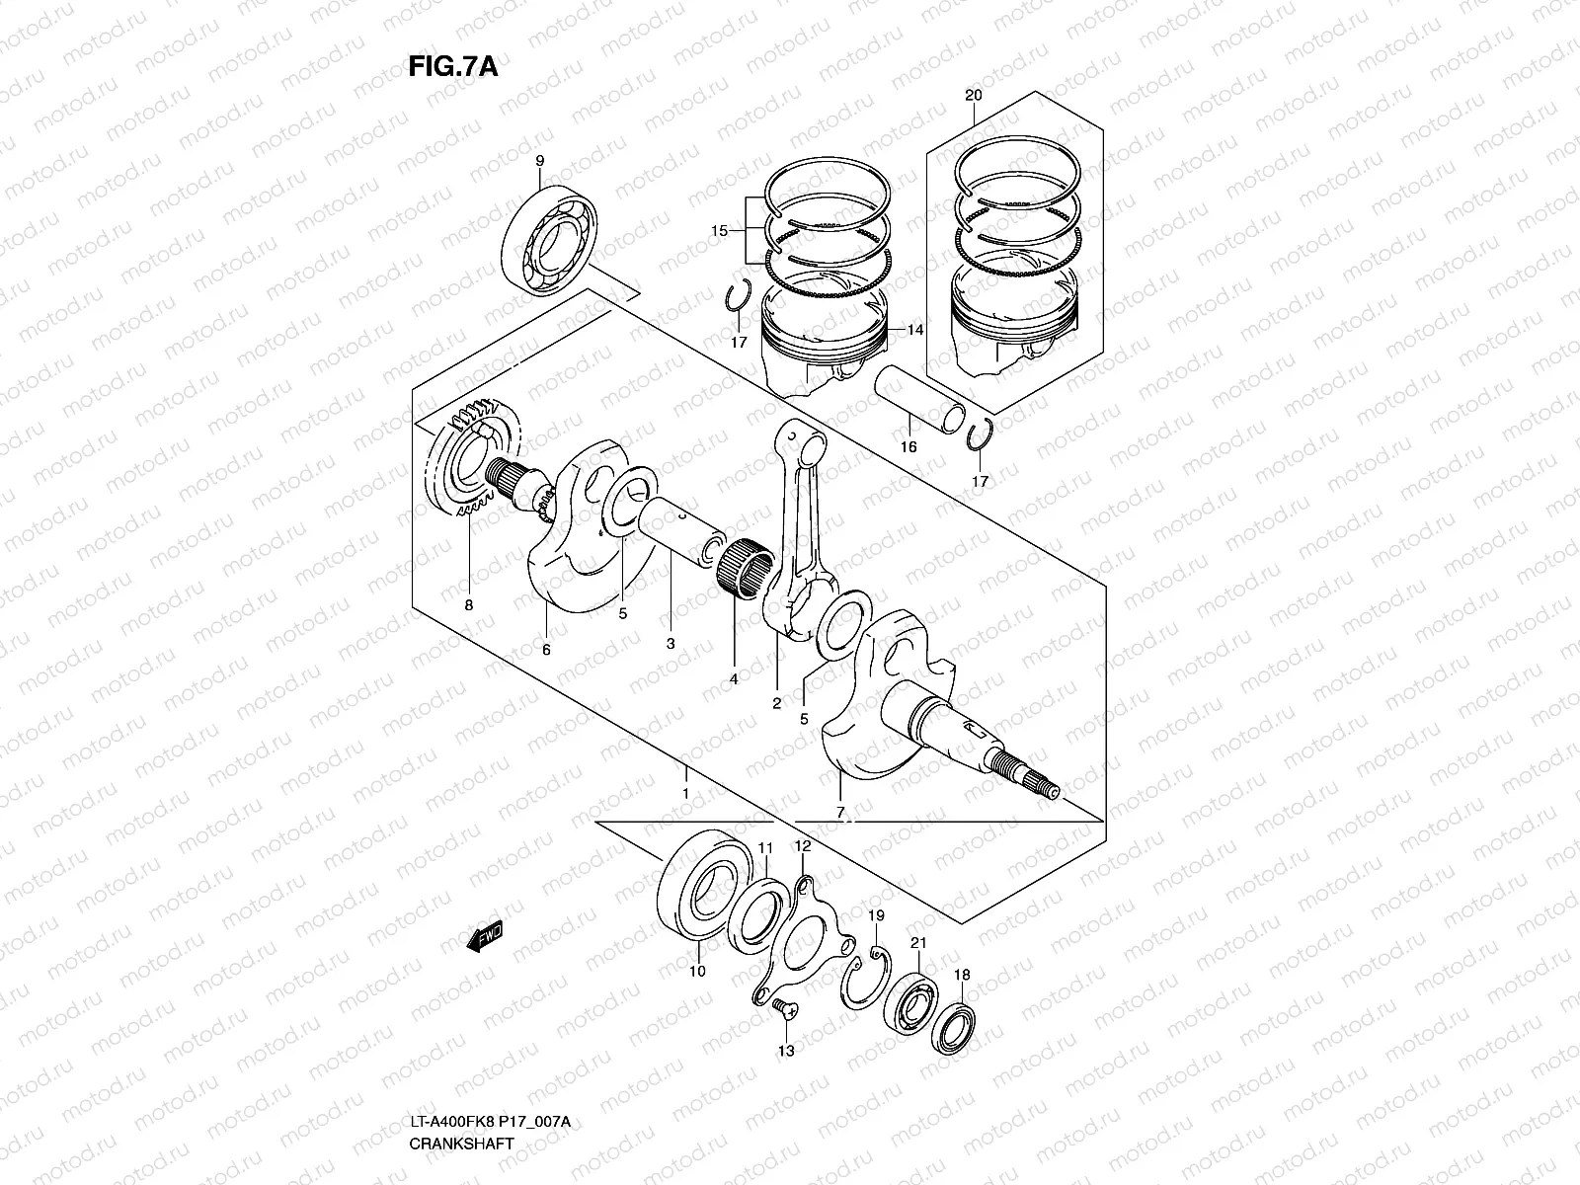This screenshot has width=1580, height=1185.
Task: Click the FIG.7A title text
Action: [x=452, y=66]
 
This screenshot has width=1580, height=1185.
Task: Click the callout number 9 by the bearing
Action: [x=539, y=161]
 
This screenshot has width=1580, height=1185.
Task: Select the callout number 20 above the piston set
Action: [x=973, y=96]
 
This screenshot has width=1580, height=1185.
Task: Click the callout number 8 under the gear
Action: [x=468, y=604]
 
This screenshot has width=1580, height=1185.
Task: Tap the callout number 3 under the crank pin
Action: [x=670, y=643]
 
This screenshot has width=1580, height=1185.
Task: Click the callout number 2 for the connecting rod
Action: [x=776, y=703]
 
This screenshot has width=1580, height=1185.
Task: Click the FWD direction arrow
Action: [x=486, y=934]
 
